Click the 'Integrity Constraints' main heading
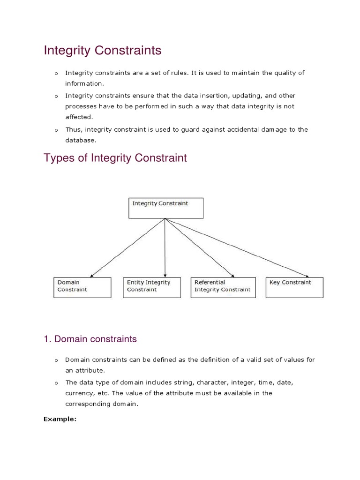(102, 51)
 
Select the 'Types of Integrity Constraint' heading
(115, 158)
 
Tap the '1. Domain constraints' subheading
(90, 338)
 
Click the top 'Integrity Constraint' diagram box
(166, 208)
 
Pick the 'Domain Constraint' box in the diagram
(83, 287)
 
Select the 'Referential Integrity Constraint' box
(223, 287)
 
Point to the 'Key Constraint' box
(294, 287)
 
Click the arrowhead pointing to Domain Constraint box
(91, 275)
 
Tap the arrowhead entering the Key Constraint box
(307, 276)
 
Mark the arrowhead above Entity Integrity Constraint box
(165, 274)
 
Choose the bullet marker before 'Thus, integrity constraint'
(55, 130)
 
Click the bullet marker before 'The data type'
(55, 382)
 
